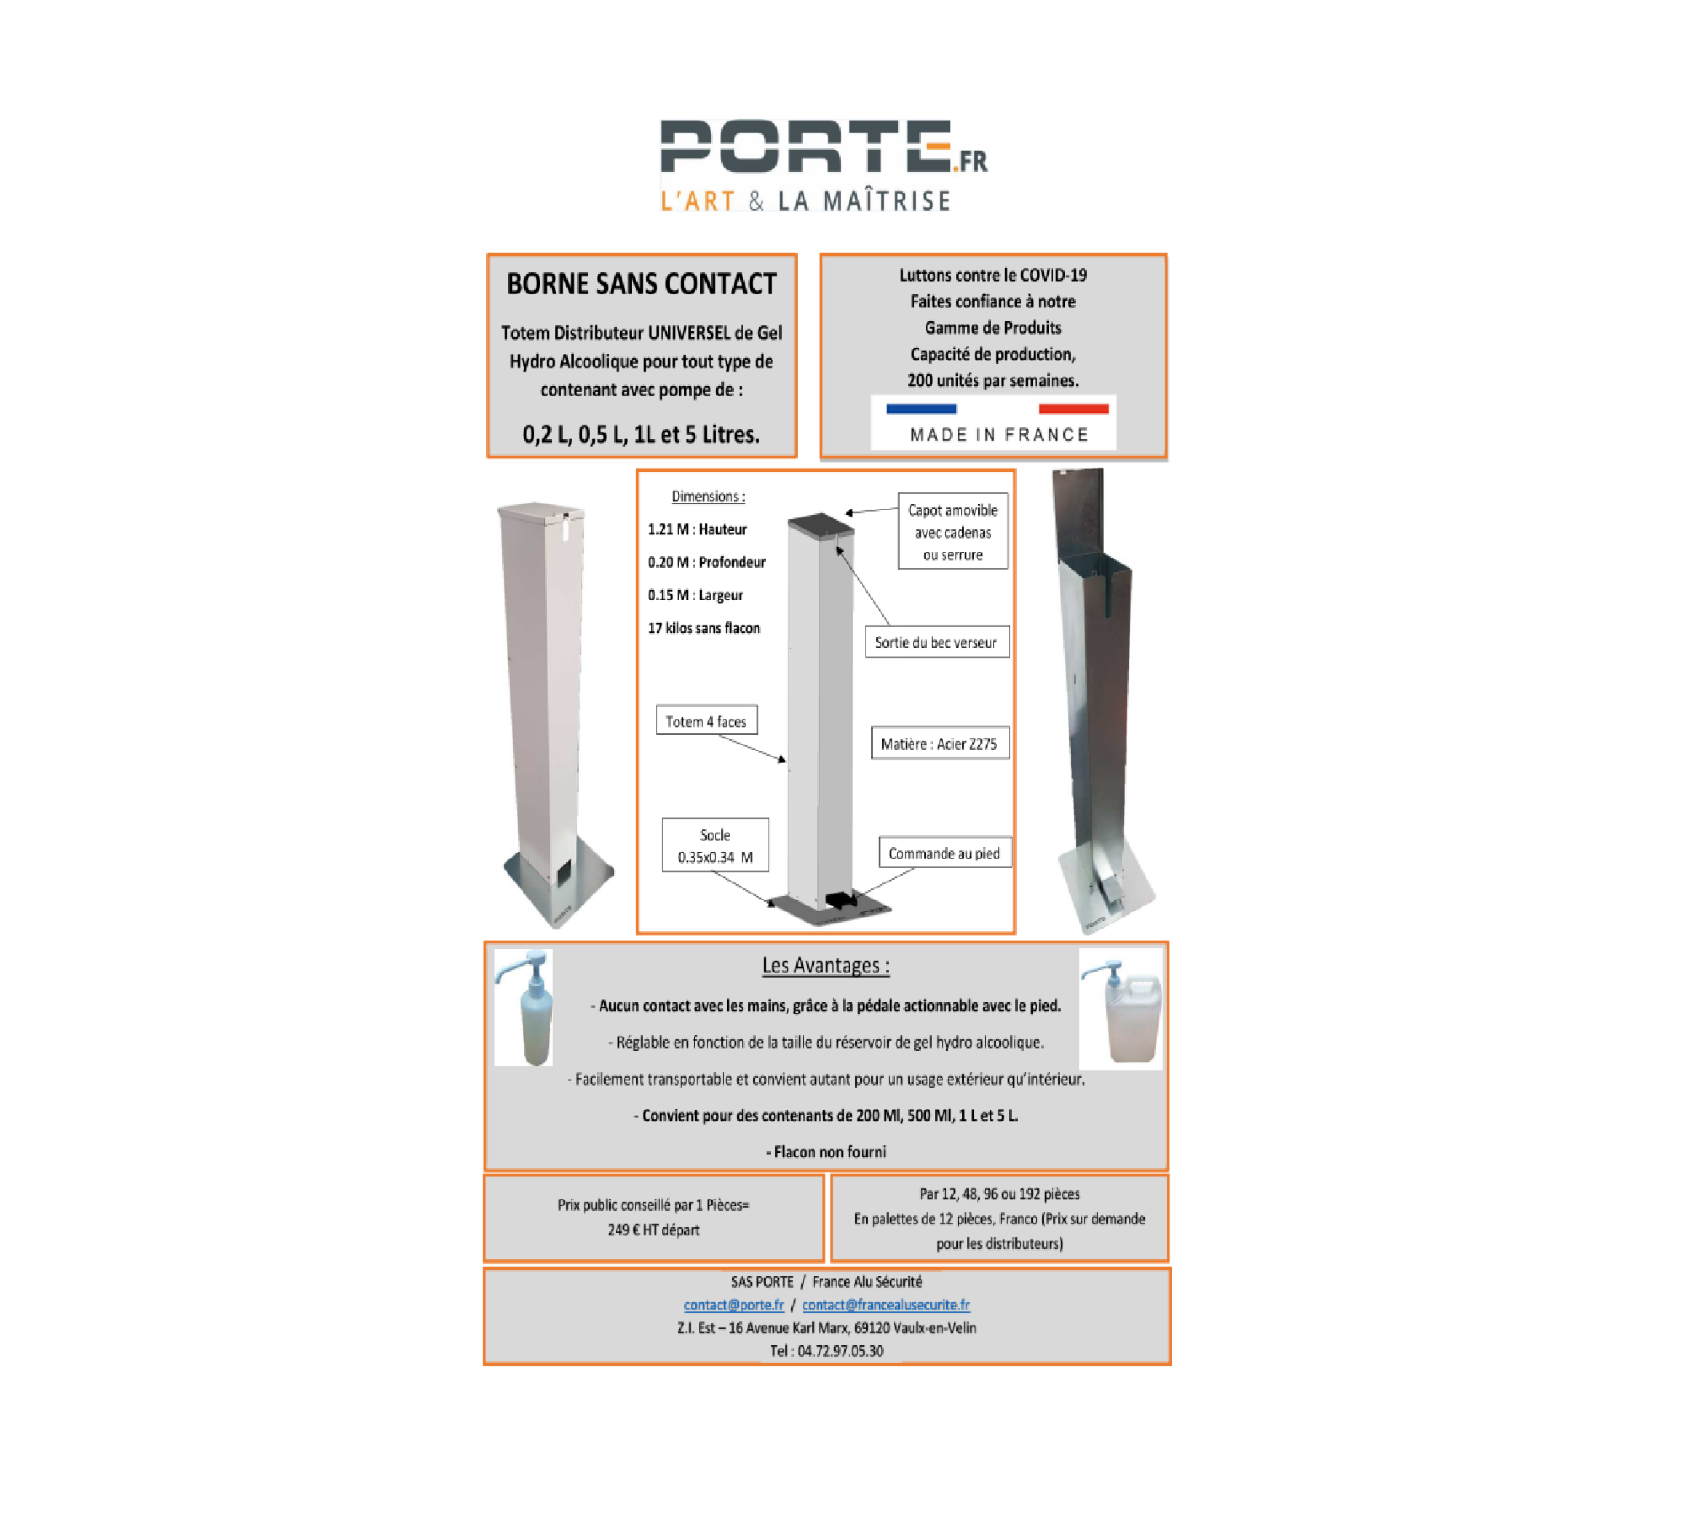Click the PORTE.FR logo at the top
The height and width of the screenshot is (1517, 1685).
pyautogui.click(x=823, y=165)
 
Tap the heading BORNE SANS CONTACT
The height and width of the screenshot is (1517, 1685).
pyautogui.click(x=641, y=284)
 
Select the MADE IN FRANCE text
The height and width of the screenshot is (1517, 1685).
pyautogui.click(x=999, y=435)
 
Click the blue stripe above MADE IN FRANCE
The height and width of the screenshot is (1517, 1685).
pyautogui.click(x=922, y=409)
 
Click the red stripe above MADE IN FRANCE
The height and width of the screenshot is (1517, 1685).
pyautogui.click(x=1073, y=409)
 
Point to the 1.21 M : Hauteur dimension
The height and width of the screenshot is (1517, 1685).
pyautogui.click(x=697, y=529)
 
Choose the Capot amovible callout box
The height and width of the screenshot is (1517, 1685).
pyautogui.click(x=953, y=532)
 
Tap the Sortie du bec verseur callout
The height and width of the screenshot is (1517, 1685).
pyautogui.click(x=937, y=642)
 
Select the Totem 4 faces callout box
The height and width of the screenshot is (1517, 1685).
pyautogui.click(x=707, y=721)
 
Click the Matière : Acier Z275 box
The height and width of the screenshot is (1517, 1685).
pyautogui.click(x=940, y=743)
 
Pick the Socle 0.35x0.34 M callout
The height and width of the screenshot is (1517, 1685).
pyautogui.click(x=715, y=845)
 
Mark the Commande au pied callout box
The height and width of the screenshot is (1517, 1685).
pyautogui.click(x=944, y=853)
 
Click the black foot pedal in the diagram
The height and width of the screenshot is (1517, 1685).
pyautogui.click(x=842, y=901)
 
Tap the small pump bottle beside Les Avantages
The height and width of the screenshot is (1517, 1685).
pyautogui.click(x=523, y=1007)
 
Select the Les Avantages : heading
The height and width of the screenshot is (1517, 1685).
pyautogui.click(x=826, y=966)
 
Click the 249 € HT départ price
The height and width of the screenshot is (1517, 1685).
pyautogui.click(x=654, y=1230)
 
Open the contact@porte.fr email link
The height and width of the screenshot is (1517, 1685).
pyautogui.click(x=734, y=1305)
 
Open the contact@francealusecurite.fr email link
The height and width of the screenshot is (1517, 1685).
pyautogui.click(x=886, y=1305)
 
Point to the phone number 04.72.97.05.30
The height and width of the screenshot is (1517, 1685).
pyautogui.click(x=840, y=1351)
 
